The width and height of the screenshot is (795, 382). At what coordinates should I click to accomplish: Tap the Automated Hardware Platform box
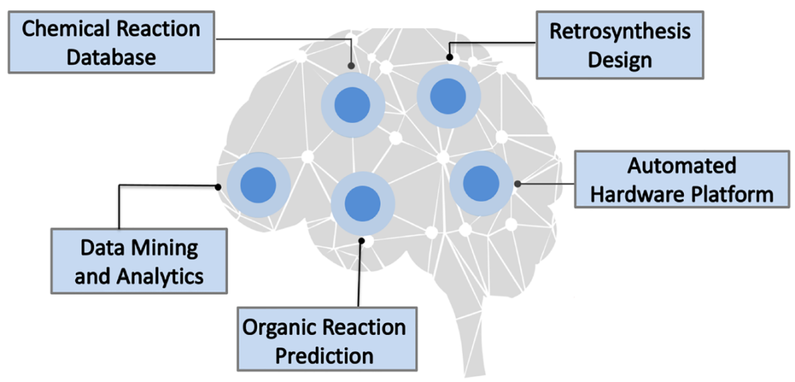(682, 179)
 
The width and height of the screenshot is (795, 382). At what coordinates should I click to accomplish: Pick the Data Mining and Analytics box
(139, 261)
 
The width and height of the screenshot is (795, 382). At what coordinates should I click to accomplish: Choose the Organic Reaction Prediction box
(328, 339)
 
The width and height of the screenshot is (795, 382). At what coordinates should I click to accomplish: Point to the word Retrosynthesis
(621, 32)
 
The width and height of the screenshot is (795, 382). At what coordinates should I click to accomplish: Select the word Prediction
(328, 354)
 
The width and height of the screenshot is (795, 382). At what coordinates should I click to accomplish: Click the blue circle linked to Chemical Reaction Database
(353, 105)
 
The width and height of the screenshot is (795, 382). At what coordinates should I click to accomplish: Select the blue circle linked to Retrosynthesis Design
(448, 96)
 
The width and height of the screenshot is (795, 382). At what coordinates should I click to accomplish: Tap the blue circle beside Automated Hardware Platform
(481, 183)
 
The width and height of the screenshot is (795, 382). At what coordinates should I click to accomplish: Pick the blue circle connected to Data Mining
(258, 185)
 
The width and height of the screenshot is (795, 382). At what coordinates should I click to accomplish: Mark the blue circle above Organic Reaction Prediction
(362, 204)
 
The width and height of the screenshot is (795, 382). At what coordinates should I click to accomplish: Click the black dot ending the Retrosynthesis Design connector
(449, 58)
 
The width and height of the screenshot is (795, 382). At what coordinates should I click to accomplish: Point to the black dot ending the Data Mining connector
(218, 186)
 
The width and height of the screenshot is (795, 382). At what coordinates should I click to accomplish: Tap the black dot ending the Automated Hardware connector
(517, 184)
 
